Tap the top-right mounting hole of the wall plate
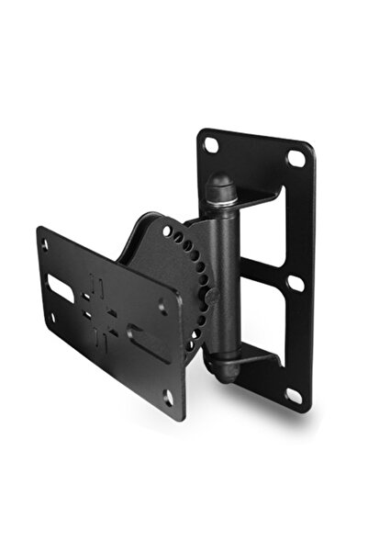point(295,158)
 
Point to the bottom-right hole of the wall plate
point(294,395)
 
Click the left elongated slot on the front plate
point(59,276)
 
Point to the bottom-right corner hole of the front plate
point(168,397)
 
